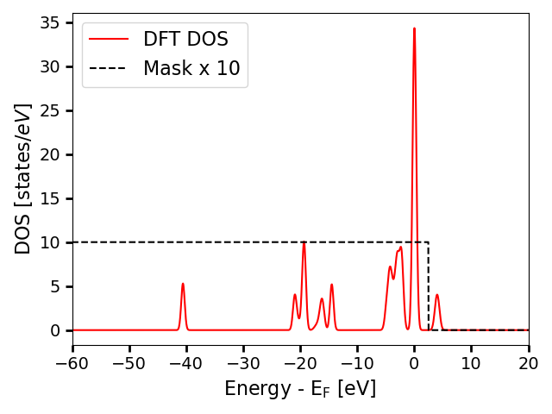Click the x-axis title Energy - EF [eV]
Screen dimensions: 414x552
point(300,388)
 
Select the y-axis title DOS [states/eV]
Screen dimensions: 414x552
point(24,179)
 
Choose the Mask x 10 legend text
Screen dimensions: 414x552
point(191,68)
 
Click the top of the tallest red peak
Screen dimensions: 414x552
point(414,28)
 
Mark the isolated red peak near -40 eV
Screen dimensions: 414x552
point(183,284)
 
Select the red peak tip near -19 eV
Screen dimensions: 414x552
point(304,243)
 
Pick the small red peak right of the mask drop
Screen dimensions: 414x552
point(437,295)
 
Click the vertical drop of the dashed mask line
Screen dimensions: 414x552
point(429,285)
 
